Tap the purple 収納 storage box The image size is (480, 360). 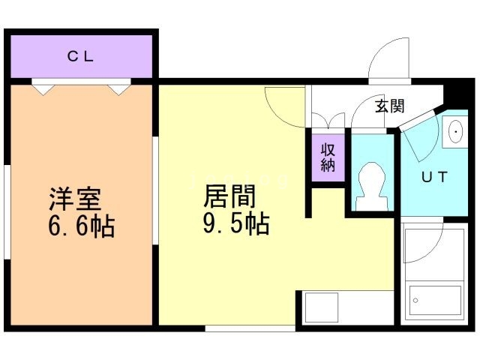pyautogui.click(x=328, y=157)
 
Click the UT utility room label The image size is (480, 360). pyautogui.click(x=433, y=178)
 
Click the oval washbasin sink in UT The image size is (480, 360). pyautogui.click(x=455, y=132)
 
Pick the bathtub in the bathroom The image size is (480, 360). pyautogui.click(x=434, y=300)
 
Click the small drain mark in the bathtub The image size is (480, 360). pyautogui.click(x=415, y=301)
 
